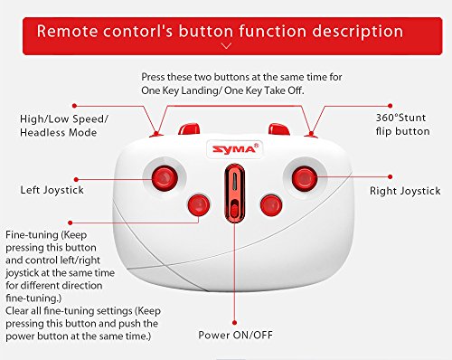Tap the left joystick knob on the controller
165,178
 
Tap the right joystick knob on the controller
305,179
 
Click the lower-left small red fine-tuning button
199,205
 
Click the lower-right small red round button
271,205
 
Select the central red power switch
234,193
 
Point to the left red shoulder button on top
189,128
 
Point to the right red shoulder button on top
279,128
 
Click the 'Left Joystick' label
52,190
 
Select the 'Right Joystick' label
405,191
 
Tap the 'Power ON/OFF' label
235,335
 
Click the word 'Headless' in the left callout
42,132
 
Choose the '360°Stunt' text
400,118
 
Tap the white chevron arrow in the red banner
226,46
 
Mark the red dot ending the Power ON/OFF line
235,323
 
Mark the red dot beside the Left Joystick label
76,179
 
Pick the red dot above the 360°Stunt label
391,106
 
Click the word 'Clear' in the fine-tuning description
17,310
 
